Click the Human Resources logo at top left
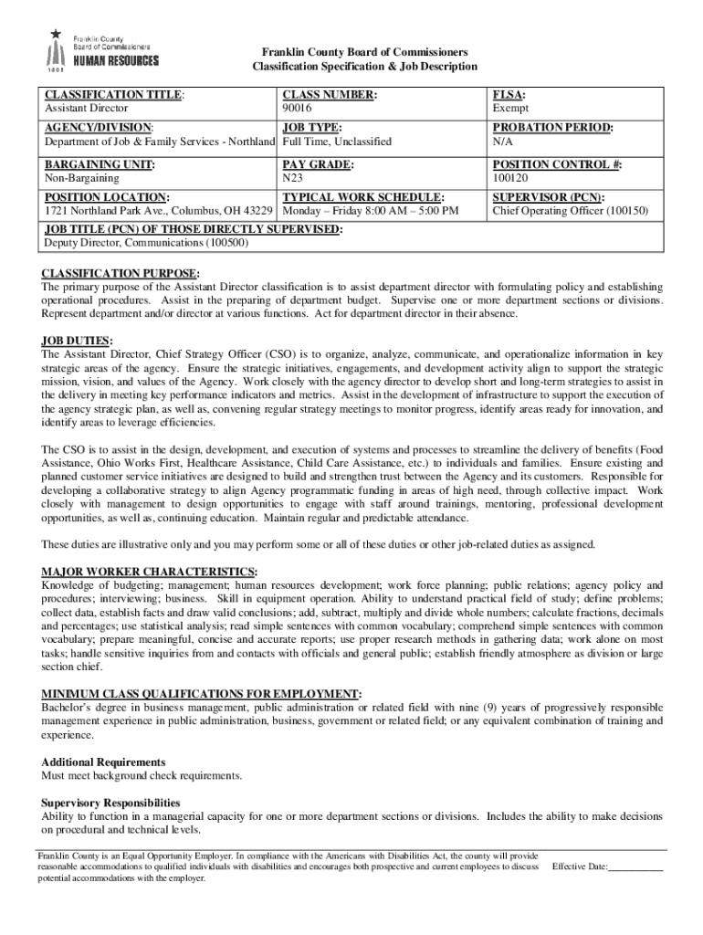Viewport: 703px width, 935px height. click(x=101, y=50)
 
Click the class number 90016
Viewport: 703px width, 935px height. click(x=298, y=109)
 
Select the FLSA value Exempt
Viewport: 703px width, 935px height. click(x=510, y=109)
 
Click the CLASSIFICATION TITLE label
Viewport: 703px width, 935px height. click(x=114, y=95)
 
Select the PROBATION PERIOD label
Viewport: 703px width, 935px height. click(x=552, y=129)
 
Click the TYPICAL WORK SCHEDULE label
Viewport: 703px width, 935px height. click(x=363, y=197)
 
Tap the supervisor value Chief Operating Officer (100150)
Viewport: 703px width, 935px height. click(x=570, y=211)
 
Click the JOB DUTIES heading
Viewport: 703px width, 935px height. click(x=77, y=341)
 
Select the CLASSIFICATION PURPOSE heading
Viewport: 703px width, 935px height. click(x=121, y=273)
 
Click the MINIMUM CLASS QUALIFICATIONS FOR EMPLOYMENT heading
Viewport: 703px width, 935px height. click(x=201, y=693)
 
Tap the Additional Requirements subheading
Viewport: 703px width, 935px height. click(x=103, y=762)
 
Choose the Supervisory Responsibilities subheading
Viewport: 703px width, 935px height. click(x=110, y=803)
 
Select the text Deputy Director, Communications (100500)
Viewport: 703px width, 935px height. click(x=146, y=243)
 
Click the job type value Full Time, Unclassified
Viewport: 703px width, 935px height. click(x=337, y=142)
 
